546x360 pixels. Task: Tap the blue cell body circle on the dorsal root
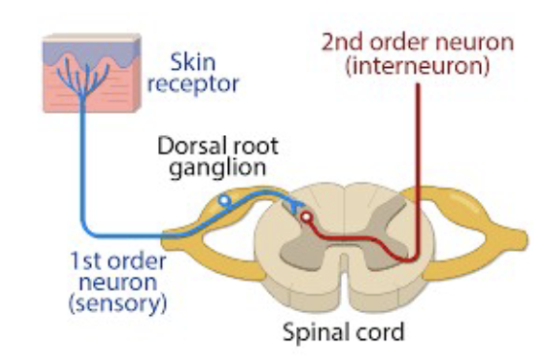(224, 201)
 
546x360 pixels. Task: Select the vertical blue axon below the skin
(83, 163)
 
